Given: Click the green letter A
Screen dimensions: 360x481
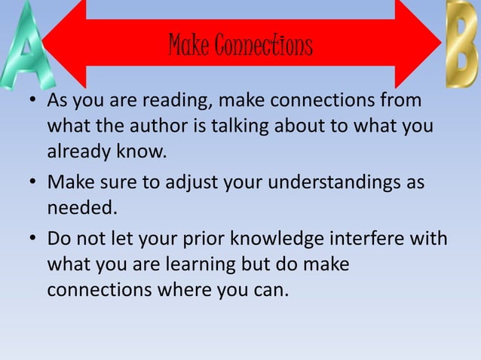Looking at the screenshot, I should click(26, 49).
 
